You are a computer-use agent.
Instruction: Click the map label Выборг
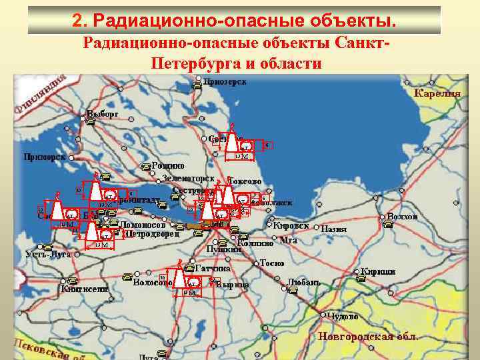(102, 114)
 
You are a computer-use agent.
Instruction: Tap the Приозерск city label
(225, 82)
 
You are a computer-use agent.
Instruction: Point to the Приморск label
(44, 157)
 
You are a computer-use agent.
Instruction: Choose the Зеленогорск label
(188, 179)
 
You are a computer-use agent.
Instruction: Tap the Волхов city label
(402, 217)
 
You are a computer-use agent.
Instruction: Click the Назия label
(334, 229)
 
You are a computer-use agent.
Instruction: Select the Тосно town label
(272, 263)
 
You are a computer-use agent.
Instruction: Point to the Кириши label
(378, 271)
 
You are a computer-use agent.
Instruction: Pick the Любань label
(304, 282)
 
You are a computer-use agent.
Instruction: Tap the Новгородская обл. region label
(368, 337)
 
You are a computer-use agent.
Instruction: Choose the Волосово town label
(153, 282)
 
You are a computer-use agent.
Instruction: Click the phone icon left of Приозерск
(198, 85)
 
